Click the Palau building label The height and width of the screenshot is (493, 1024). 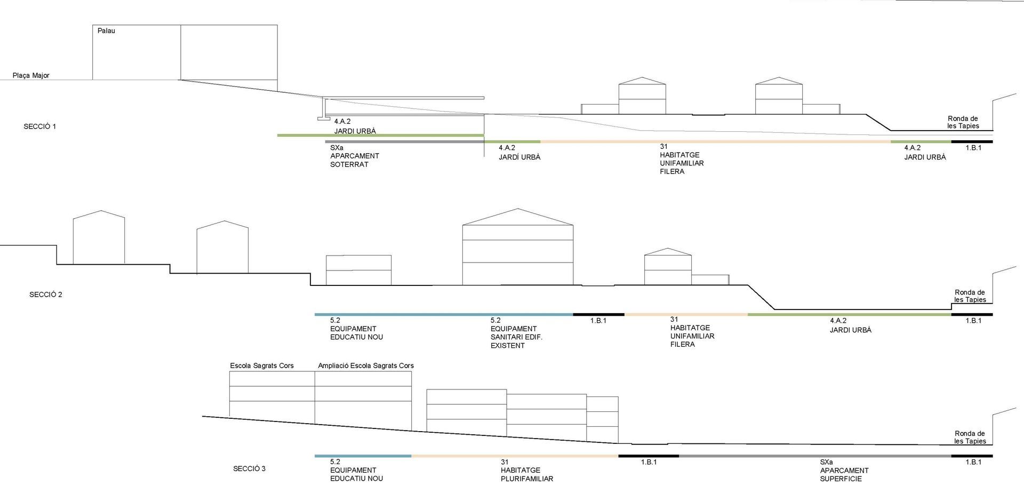[x=106, y=31]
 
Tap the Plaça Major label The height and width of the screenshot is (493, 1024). [x=31, y=76]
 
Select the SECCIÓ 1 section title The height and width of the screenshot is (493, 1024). [x=40, y=126]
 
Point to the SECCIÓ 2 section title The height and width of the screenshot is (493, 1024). [x=46, y=295]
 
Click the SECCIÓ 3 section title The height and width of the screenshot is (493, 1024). [x=249, y=469]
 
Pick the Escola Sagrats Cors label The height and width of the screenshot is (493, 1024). [x=262, y=366]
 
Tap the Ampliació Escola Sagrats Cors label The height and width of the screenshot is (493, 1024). [x=366, y=366]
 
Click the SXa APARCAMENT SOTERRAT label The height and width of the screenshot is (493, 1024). [x=354, y=156]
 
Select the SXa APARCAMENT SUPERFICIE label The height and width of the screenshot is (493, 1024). [x=844, y=471]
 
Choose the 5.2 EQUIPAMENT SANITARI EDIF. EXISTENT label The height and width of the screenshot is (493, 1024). [x=516, y=333]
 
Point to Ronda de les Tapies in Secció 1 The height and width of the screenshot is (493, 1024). [x=963, y=122]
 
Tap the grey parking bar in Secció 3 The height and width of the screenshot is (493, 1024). [x=814, y=456]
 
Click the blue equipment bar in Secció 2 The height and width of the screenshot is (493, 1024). [x=443, y=315]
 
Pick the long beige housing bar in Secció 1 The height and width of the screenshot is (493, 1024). [x=715, y=142]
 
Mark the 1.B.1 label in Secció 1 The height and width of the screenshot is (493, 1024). [x=973, y=148]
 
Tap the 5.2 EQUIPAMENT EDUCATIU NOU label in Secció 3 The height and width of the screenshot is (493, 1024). [x=356, y=471]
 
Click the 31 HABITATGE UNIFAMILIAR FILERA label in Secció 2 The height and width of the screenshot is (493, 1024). [x=692, y=332]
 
